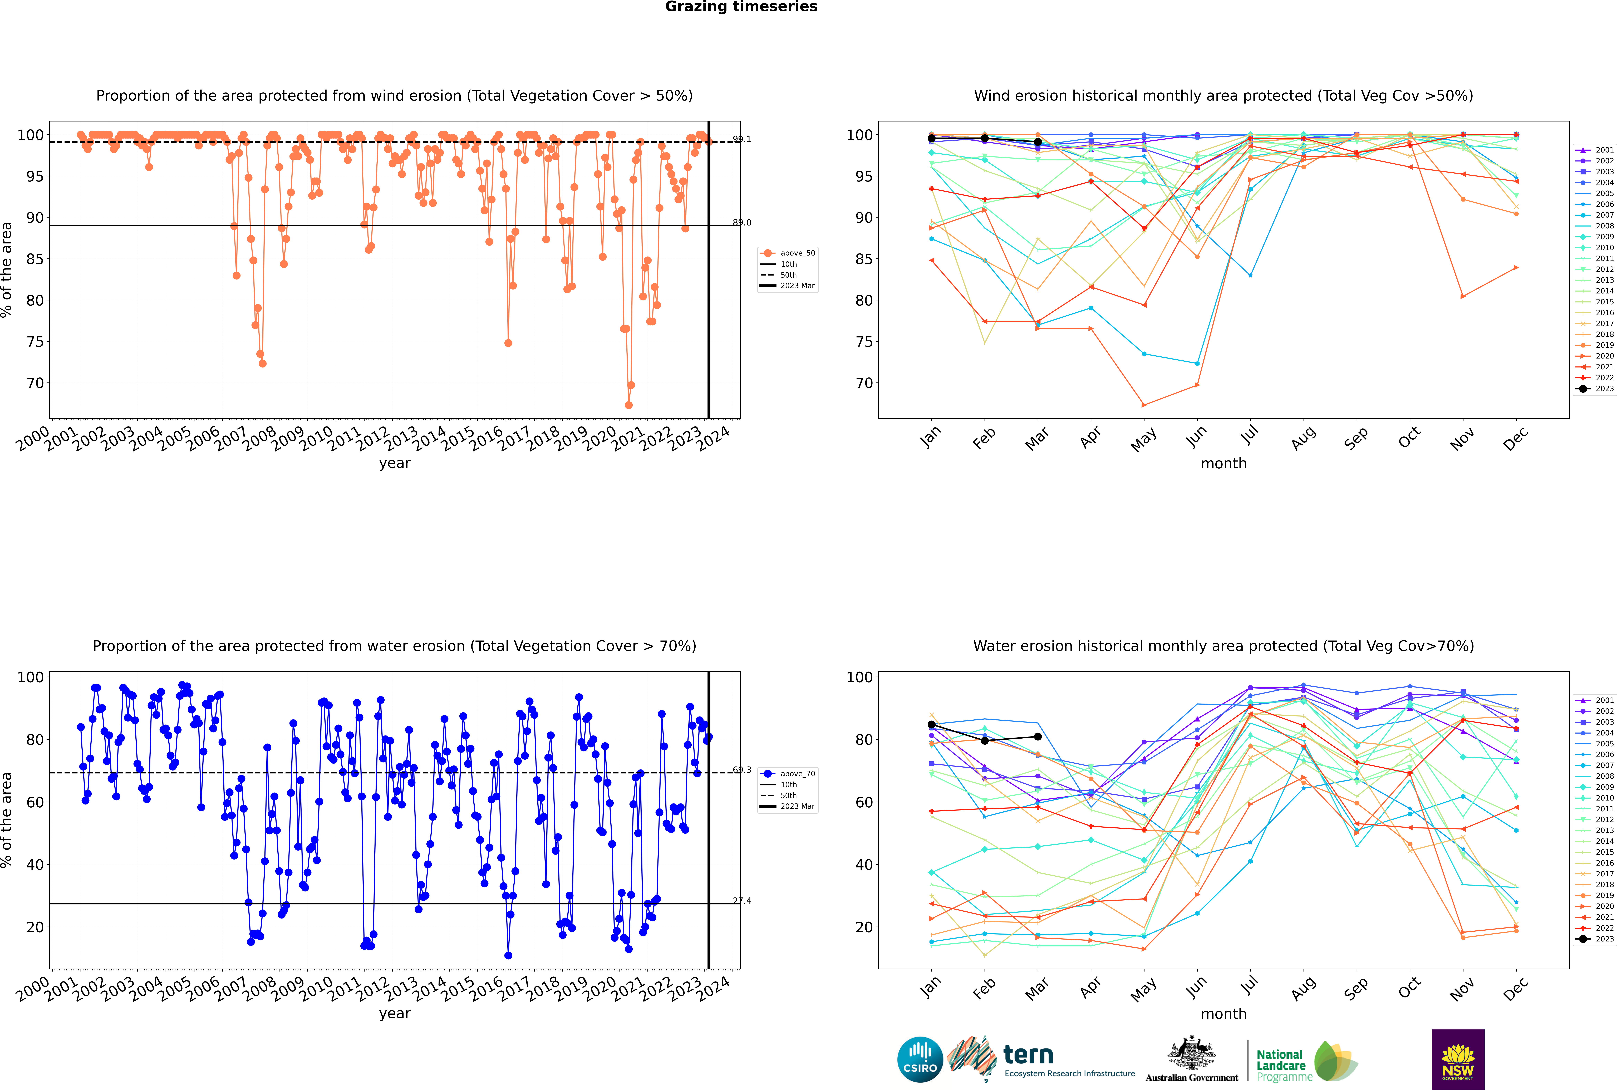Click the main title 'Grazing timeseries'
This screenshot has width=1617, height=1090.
coord(741,7)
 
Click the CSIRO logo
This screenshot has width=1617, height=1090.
coord(920,1059)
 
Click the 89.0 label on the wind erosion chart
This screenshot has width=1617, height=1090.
coord(742,222)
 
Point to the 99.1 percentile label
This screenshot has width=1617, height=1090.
coord(742,139)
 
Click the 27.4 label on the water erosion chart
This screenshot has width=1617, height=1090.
coord(742,901)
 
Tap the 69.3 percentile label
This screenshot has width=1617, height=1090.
coord(742,769)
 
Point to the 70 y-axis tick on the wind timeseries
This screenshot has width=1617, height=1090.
coord(35,383)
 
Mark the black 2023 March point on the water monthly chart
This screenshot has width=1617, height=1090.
coord(1038,736)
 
